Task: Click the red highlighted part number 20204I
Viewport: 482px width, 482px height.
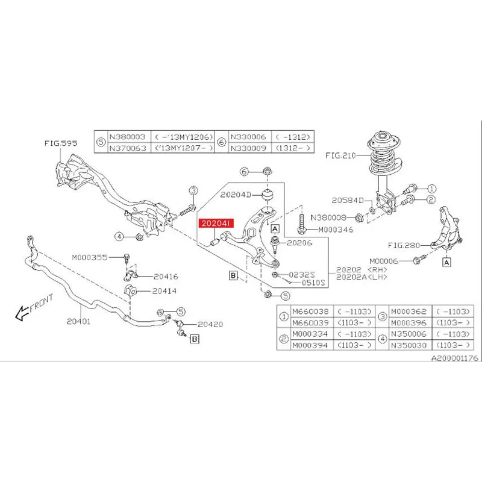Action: click(x=215, y=224)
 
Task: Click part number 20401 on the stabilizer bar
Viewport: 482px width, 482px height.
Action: click(x=78, y=322)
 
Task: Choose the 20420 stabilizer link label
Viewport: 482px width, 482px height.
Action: click(x=211, y=324)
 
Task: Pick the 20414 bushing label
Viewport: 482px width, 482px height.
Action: click(x=164, y=290)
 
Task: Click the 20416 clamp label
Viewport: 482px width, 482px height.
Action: click(x=165, y=277)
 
